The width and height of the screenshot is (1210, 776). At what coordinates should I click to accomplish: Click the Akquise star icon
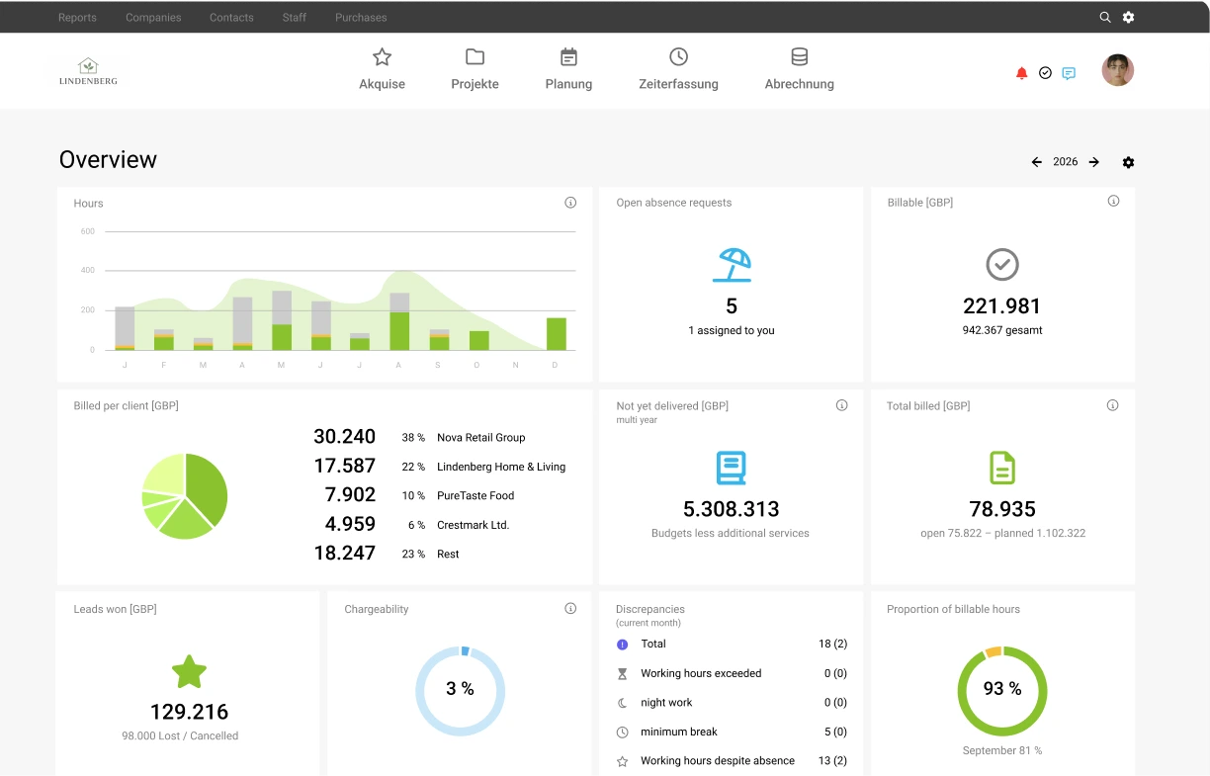(x=382, y=56)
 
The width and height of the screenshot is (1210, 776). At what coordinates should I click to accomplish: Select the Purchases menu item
(x=361, y=17)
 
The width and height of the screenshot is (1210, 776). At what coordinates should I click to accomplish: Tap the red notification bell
(x=1021, y=73)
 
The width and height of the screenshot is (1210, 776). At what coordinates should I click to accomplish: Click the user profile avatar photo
(x=1118, y=70)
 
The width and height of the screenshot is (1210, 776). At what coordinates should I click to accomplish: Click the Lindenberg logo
(x=88, y=71)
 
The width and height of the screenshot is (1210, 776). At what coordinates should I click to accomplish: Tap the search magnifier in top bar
(x=1105, y=17)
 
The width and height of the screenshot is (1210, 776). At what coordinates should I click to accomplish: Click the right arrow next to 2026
(x=1094, y=162)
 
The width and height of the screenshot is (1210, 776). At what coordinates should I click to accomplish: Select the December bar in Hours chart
(x=557, y=334)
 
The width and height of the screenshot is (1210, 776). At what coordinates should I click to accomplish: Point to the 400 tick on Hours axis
(x=88, y=270)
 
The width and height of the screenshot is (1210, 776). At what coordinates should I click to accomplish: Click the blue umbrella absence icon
(x=732, y=265)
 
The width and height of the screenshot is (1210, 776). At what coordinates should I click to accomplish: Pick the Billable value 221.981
(x=1002, y=306)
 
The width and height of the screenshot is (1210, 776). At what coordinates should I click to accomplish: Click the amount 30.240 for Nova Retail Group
(x=345, y=436)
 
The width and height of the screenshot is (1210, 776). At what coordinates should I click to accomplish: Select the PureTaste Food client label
(x=475, y=495)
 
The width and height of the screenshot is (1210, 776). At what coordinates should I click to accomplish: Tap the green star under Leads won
(x=189, y=672)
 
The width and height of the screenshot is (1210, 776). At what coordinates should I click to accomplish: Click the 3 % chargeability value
(x=461, y=689)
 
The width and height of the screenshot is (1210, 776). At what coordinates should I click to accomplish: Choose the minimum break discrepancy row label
(x=679, y=732)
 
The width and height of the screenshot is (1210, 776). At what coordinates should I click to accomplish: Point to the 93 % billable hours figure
(x=1002, y=689)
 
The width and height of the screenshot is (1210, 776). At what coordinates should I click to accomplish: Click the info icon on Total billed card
(x=1112, y=405)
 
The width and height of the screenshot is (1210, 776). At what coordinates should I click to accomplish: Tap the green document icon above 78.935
(x=1002, y=468)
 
